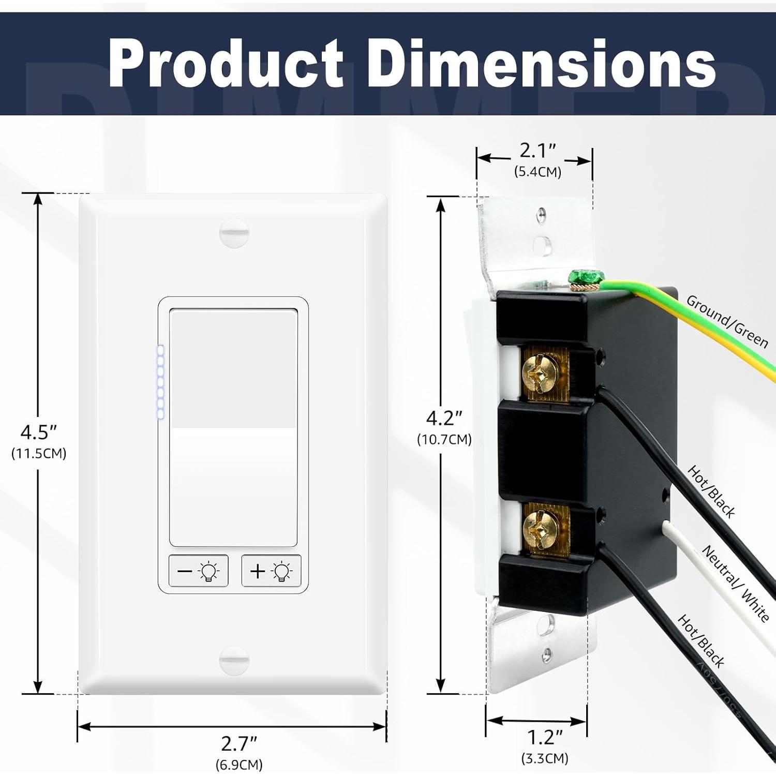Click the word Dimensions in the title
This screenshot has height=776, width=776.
click(x=542, y=64)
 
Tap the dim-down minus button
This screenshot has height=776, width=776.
click(x=199, y=571)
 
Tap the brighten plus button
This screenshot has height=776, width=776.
click(x=271, y=571)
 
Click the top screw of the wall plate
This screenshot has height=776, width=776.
click(x=234, y=233)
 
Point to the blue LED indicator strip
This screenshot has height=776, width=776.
click(x=160, y=382)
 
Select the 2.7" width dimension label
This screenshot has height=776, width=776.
click(x=239, y=744)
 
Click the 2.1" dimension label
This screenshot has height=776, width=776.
click(x=538, y=151)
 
